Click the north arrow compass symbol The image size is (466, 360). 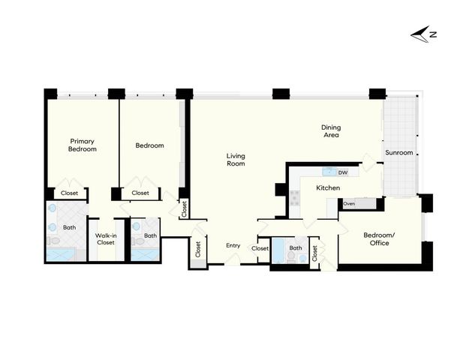pos(424,33)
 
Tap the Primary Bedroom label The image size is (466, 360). pos(83,145)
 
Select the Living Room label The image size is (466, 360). pos(236,160)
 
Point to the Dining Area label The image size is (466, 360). pos(331,131)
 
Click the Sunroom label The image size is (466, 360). pos(398,153)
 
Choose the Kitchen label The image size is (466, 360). pos(328,187)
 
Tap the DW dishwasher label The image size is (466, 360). pos(343,172)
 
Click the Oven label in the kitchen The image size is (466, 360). pos(349,203)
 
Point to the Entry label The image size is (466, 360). pos(233,245)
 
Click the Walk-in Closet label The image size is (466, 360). pos(105,238)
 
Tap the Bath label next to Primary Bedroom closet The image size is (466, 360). pos(69,227)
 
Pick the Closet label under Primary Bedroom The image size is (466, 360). pos(69,193)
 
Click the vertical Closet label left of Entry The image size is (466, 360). pos(198,249)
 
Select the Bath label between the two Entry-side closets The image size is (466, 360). pos(296,248)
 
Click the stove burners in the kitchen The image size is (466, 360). pos(296,198)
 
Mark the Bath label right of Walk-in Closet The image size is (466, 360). pos(150,235)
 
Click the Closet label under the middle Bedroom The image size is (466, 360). pos(140,193)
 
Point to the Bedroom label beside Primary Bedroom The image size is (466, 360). pos(149,145)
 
